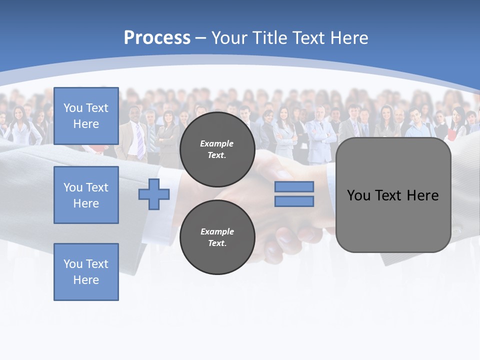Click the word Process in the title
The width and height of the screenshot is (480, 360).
157,37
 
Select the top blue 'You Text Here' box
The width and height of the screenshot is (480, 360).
86,116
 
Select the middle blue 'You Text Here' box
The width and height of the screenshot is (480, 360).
86,195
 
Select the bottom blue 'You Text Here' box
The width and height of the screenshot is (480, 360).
86,272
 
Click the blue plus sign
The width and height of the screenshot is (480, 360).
154,194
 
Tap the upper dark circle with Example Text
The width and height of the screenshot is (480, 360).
217,149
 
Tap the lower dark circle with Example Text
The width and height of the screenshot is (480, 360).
217,237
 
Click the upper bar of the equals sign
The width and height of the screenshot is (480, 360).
294,186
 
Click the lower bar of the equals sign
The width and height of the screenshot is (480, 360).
294,201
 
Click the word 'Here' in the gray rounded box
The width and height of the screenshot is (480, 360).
422,195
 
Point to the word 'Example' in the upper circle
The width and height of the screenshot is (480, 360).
217,143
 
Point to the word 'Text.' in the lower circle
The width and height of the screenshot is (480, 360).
217,243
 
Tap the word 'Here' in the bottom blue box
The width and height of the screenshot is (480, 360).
86,280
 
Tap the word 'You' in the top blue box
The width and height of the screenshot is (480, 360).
73,108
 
